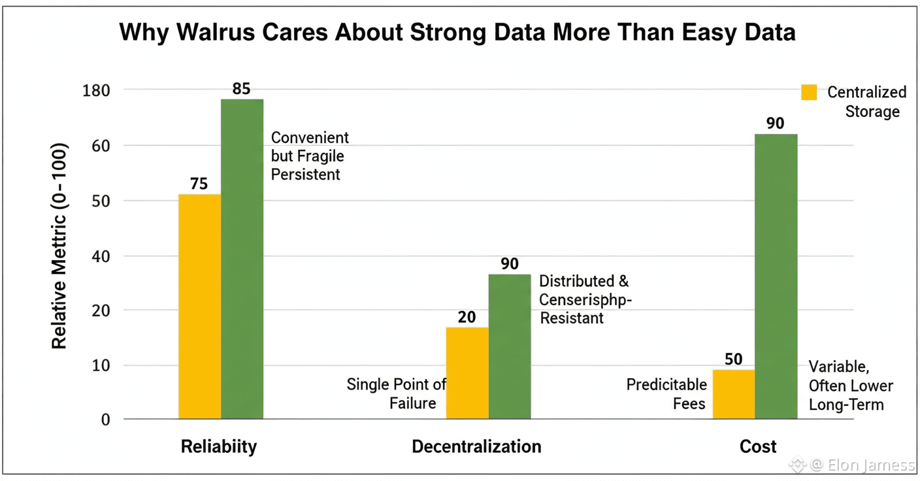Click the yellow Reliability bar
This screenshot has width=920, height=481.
199,306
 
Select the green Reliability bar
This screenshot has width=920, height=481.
242,258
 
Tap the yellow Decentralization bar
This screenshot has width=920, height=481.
467,373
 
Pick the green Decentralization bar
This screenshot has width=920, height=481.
510,346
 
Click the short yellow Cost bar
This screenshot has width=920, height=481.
734,394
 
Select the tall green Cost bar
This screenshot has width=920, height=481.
776,276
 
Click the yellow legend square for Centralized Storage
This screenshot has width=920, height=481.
810,92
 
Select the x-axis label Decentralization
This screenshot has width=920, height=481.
476,446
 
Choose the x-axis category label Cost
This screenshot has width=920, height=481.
758,446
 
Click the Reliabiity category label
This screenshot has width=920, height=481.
219,446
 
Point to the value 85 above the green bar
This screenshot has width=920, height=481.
241,88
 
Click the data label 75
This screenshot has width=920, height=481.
199,184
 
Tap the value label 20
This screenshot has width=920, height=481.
467,317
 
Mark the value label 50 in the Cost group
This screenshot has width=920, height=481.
734,359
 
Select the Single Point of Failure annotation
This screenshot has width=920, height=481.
396,393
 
